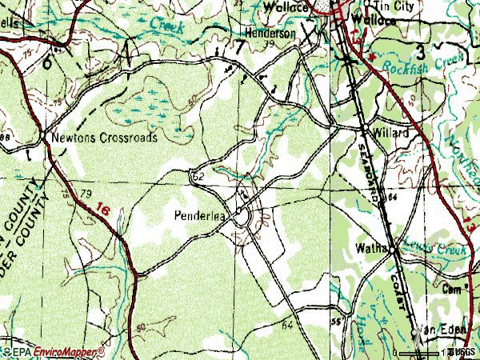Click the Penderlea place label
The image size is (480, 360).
(201, 215)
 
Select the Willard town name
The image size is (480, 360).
(393, 133)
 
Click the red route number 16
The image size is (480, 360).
(101, 209)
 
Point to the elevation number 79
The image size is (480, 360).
(86, 194)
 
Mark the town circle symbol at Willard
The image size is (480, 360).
(365, 128)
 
